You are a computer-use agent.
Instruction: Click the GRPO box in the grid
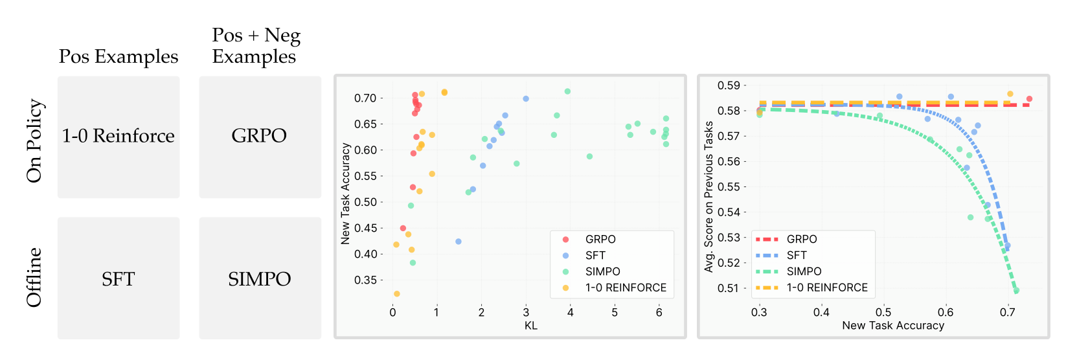pos(260,137)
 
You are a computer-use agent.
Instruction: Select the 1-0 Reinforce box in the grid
pos(119,137)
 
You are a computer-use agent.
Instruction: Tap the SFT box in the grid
pos(119,278)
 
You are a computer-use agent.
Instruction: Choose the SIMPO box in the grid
pos(260,278)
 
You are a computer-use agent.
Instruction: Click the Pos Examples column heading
pos(119,57)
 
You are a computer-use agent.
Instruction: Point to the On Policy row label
pos(34,141)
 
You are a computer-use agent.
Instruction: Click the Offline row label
pos(34,276)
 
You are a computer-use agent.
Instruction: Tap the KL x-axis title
pos(531,326)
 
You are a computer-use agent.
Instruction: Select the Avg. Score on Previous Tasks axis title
pos(709,196)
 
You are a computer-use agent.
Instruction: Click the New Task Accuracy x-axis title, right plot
pos(893,326)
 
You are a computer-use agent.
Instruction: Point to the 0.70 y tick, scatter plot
pos(365,98)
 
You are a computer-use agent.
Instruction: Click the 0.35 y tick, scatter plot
pos(365,280)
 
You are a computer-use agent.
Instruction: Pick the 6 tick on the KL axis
pos(659,312)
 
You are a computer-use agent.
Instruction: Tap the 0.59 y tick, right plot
pos(729,85)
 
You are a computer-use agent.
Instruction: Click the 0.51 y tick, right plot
pos(729,288)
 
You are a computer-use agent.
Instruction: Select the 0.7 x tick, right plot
pos(1007,313)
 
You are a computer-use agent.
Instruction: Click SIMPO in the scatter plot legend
pos(602,272)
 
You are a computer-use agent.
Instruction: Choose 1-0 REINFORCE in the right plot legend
pos(827,287)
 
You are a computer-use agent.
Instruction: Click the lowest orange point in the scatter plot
pos(397,294)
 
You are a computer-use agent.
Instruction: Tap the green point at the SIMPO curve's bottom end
pos(1016,291)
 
